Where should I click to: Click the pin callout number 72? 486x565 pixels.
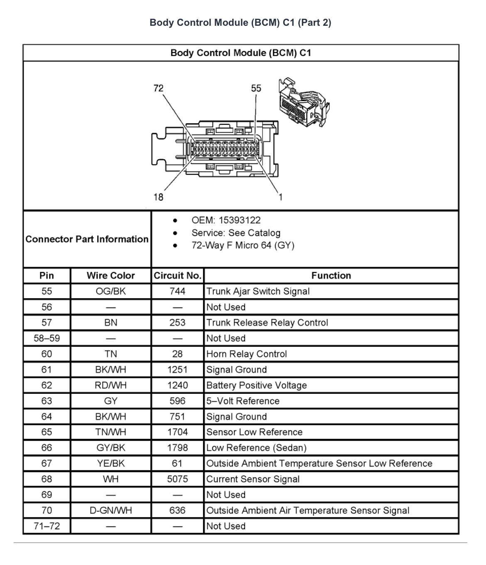[x=158, y=88]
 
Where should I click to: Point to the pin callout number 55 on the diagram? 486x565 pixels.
[x=256, y=88]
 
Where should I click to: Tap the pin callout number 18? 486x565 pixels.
[x=158, y=197]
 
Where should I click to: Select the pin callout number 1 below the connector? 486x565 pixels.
[x=280, y=197]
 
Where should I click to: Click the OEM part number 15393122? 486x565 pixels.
[x=239, y=220]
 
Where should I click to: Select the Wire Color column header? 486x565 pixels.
[x=111, y=275]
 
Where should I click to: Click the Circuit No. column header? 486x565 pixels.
[x=177, y=275]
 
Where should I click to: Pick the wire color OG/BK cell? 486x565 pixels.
[x=111, y=291]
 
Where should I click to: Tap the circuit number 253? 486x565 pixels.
[x=177, y=322]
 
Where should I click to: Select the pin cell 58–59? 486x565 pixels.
[x=47, y=339]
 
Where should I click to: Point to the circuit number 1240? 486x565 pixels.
[x=177, y=386]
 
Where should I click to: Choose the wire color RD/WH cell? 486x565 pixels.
[x=111, y=386]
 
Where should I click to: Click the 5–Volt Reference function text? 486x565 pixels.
[x=243, y=401]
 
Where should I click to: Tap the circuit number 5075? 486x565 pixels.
[x=177, y=479]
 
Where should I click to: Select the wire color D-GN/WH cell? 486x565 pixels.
[x=111, y=511]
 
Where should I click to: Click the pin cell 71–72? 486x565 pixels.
[x=47, y=526]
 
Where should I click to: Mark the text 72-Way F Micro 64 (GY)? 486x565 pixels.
[x=243, y=246]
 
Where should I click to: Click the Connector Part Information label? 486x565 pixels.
[x=87, y=239]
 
